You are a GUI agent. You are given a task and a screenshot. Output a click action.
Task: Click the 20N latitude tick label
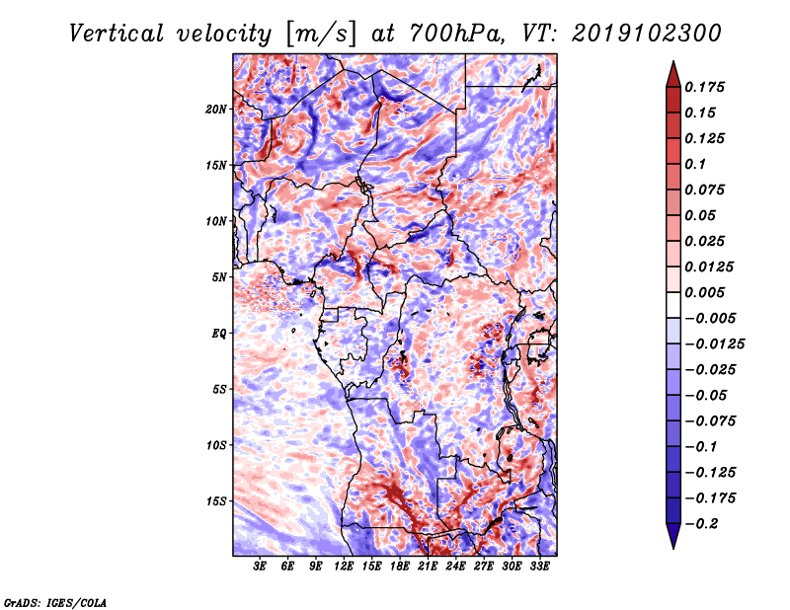[x=216, y=109]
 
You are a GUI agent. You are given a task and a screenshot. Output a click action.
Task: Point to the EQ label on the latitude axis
[x=220, y=333]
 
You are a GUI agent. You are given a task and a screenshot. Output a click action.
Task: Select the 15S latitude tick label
[x=216, y=501]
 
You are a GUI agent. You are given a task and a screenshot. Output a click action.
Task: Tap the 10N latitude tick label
[x=216, y=221]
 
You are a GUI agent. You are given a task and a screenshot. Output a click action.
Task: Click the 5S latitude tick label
[x=219, y=389]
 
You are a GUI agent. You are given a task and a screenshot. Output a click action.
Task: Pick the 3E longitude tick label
[x=261, y=568]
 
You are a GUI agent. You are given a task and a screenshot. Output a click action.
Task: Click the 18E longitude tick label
[x=400, y=568]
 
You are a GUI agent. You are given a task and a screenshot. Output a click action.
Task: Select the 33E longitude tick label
[x=540, y=568]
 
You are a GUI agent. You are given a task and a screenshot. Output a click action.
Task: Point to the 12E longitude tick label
[x=344, y=568]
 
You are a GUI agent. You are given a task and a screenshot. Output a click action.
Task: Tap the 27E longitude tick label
[x=484, y=568]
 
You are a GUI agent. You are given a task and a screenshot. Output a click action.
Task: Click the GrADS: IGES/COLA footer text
[x=55, y=601]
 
